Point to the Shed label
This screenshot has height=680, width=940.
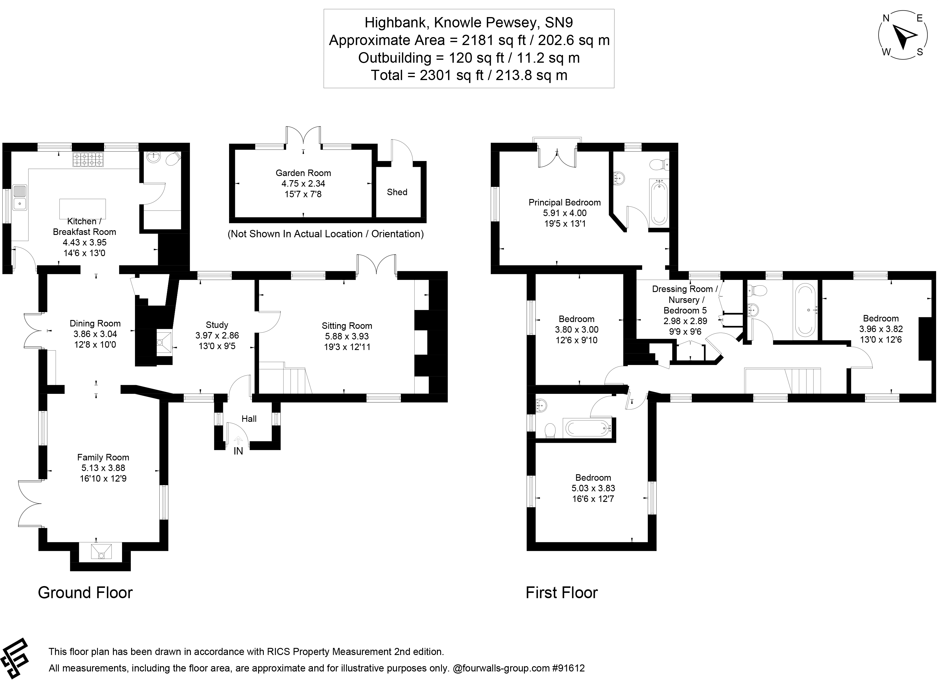[397, 192]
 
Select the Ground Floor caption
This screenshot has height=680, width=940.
[85, 593]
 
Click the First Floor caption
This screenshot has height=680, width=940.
[561, 593]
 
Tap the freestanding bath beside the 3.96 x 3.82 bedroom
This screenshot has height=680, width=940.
[804, 309]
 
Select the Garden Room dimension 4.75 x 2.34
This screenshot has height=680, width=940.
[303, 183]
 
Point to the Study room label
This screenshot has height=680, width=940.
[217, 325]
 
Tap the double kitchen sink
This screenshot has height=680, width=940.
[19, 198]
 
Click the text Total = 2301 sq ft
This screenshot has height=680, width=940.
[468, 75]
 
